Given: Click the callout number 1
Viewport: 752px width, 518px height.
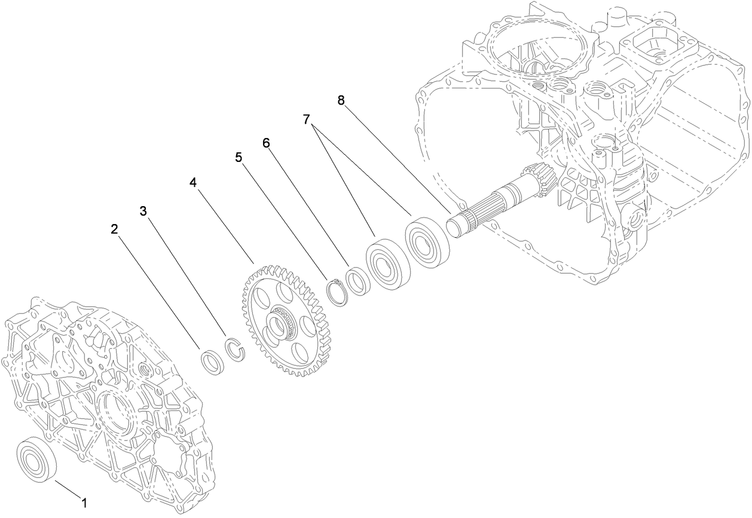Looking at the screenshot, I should [84, 503].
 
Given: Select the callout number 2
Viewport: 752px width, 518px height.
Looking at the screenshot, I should [114, 229].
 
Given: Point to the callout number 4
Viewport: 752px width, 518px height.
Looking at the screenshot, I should [192, 182].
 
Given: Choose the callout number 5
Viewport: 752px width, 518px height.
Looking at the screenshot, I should [238, 157].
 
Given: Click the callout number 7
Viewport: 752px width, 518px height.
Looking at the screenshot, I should [307, 119].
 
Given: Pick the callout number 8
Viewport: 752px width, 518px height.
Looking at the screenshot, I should [341, 100].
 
